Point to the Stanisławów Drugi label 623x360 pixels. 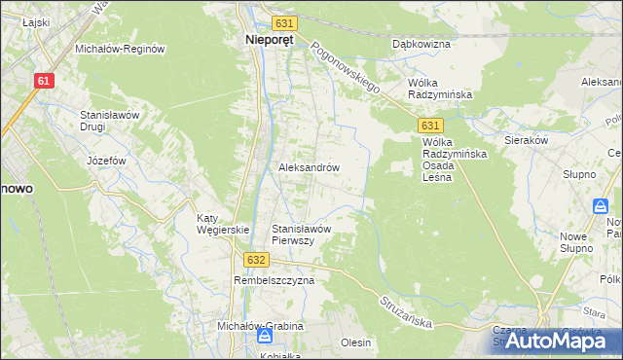[x=112, y=121]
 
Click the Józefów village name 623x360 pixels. [x=107, y=161]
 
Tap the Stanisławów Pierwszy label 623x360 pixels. [x=303, y=234]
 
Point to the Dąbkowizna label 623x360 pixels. [x=420, y=44]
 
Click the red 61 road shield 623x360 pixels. [x=43, y=82]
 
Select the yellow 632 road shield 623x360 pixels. [x=255, y=260]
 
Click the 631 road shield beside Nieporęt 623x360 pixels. [x=283, y=22]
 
